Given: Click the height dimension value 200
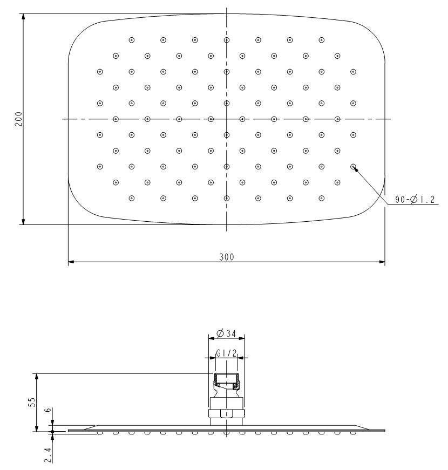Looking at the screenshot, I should [x=19, y=119].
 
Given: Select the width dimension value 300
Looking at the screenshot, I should [x=226, y=257].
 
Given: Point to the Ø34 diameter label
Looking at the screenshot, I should [x=226, y=334].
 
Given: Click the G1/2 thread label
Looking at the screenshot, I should [x=226, y=352].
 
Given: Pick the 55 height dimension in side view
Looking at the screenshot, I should [x=32, y=402].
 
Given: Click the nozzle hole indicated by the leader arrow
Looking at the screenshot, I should [x=354, y=167].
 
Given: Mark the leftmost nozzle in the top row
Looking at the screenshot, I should [x=131, y=40].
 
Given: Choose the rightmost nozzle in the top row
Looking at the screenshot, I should [x=322, y=40].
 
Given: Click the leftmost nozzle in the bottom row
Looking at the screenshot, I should [x=131, y=198].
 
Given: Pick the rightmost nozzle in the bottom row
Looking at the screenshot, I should [x=322, y=198].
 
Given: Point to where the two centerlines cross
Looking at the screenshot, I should [x=226, y=119].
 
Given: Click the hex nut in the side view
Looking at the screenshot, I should [x=226, y=414].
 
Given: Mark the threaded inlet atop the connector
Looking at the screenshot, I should [x=226, y=381].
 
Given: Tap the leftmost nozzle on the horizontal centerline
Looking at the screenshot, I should [x=115, y=119].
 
